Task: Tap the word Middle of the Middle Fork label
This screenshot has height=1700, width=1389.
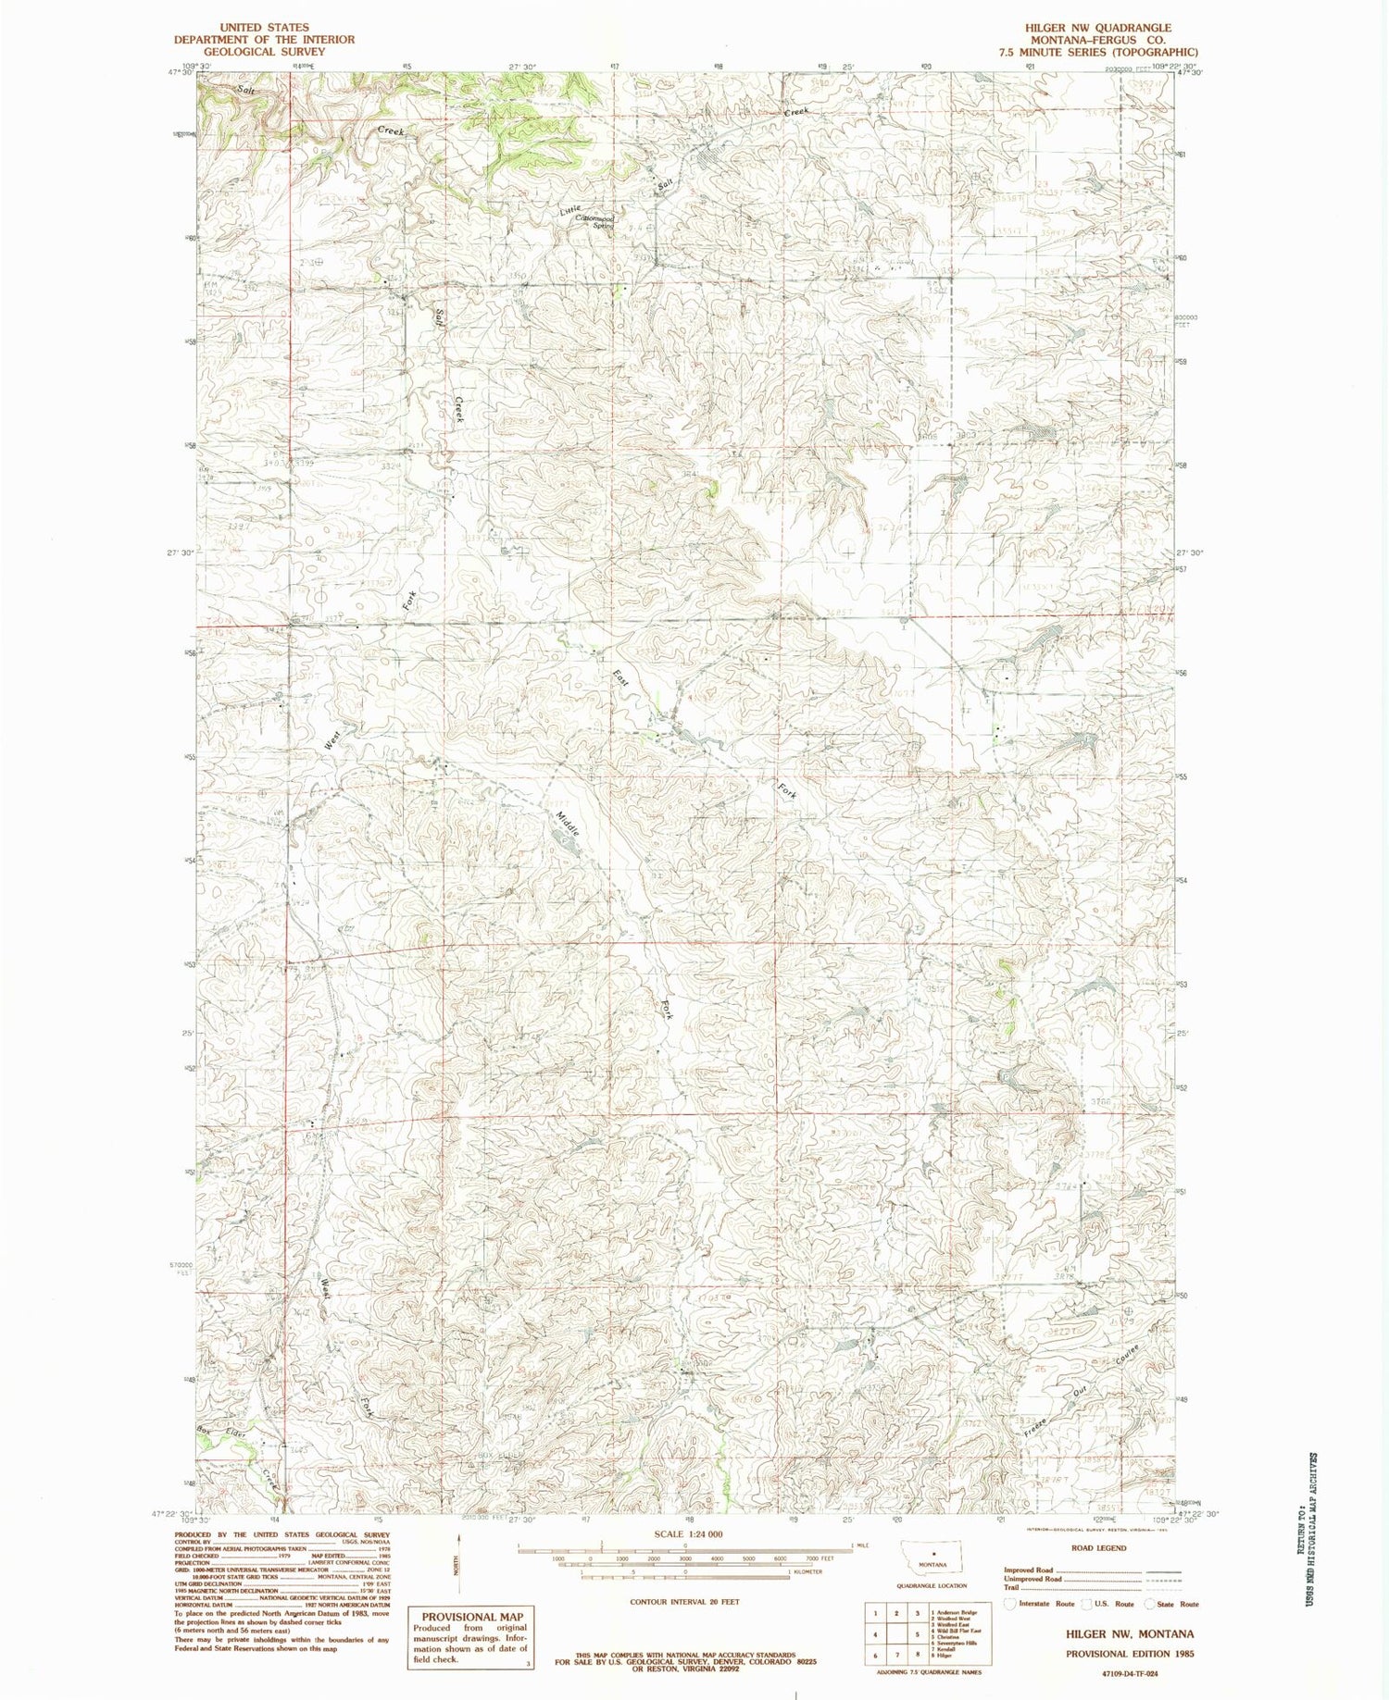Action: point(568,824)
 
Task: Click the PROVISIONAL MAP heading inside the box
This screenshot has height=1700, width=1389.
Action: point(466,1617)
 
